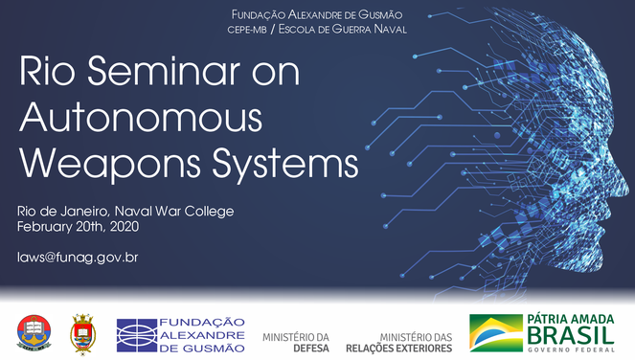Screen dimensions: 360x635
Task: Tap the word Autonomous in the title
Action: [x=141, y=117]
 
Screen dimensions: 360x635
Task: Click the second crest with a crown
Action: [x=83, y=332]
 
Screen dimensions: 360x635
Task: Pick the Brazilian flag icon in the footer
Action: [x=495, y=332]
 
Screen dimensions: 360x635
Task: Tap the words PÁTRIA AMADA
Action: [x=570, y=320]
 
